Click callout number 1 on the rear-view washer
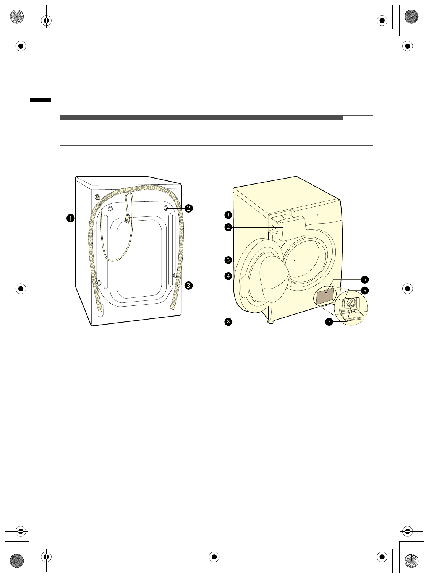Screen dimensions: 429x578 [70, 218]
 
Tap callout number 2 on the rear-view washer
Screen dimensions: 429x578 [188, 208]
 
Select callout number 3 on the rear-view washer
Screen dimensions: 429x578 [188, 285]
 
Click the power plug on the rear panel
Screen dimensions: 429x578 [127, 219]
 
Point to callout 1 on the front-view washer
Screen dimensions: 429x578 [228, 215]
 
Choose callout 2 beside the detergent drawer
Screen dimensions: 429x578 [228, 227]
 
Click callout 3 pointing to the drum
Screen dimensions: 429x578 [228, 260]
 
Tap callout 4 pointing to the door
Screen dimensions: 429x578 [228, 276]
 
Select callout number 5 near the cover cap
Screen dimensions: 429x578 [365, 279]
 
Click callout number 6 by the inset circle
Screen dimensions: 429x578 [365, 291]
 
